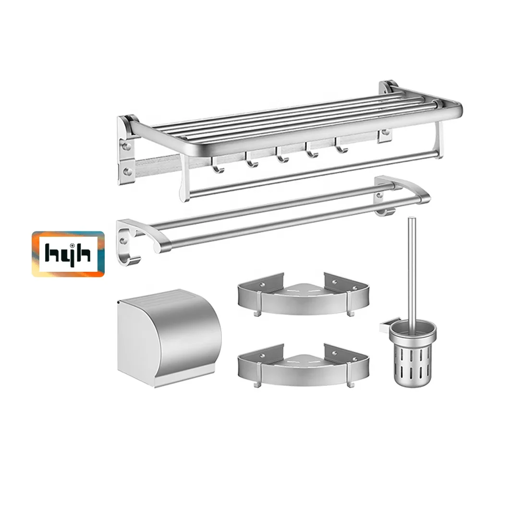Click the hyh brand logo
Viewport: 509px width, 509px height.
click(x=68, y=254)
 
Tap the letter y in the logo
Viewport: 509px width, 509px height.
click(x=68, y=255)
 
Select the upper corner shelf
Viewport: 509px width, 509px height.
click(x=303, y=295)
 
